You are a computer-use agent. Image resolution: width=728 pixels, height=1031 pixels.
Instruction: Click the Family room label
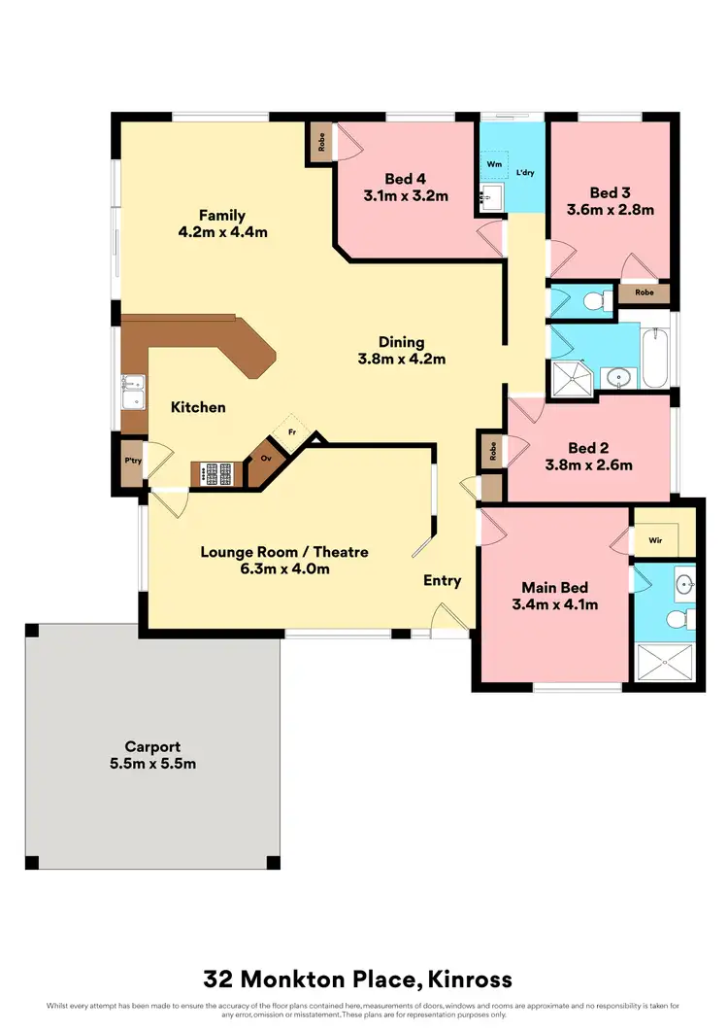click(222, 216)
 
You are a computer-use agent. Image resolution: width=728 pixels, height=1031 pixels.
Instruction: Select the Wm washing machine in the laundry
click(493, 165)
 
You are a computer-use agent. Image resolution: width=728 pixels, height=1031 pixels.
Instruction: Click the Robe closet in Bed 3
click(643, 292)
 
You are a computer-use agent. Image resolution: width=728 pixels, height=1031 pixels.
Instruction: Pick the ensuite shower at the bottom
click(665, 663)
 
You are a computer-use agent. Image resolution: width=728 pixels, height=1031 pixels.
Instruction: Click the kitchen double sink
click(132, 393)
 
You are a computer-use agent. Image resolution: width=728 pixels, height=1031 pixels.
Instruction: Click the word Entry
click(442, 580)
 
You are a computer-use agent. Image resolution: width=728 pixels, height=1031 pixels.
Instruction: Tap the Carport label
click(152, 746)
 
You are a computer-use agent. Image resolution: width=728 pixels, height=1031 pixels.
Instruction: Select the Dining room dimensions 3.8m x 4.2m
click(402, 359)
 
